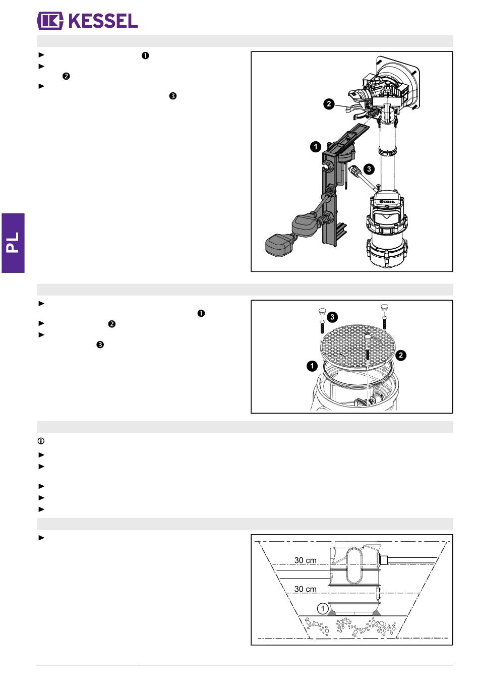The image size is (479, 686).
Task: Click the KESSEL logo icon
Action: (x=50, y=21)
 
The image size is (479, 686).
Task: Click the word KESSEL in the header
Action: (x=103, y=21)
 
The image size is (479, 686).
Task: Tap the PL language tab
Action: (x=13, y=243)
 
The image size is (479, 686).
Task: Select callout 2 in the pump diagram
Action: (x=329, y=104)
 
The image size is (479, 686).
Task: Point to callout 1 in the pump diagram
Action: (x=316, y=147)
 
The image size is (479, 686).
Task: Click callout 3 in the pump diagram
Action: (x=369, y=169)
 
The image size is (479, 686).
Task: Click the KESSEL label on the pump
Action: (x=387, y=202)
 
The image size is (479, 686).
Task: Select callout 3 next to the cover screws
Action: (x=332, y=317)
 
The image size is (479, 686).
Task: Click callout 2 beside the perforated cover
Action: (x=401, y=355)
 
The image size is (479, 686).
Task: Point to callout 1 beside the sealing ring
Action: (x=312, y=366)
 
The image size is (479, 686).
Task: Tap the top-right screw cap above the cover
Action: (x=384, y=307)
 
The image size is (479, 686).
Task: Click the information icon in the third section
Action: (x=41, y=441)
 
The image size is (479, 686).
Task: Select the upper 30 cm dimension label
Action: (x=305, y=560)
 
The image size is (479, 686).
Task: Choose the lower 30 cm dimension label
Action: (x=305, y=589)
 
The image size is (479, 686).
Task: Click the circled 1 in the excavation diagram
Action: (x=323, y=608)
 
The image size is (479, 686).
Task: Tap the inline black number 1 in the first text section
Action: (x=145, y=55)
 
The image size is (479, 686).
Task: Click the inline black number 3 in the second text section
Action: (x=100, y=345)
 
